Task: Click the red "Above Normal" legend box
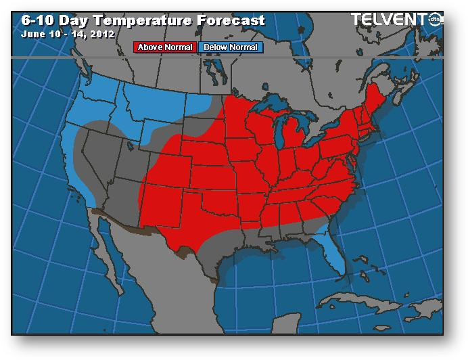[x=166, y=47]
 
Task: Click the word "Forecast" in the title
[x=227, y=20]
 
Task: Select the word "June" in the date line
[x=33, y=32]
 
